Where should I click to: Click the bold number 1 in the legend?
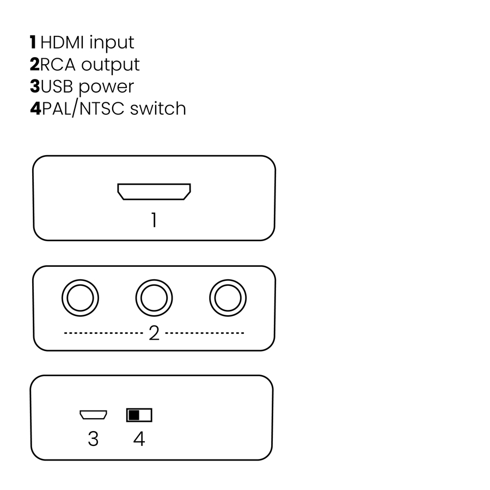[x=33, y=42]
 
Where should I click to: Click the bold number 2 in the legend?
[x=34, y=64]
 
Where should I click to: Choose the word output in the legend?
[x=110, y=65]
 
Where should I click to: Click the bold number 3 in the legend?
[x=34, y=86]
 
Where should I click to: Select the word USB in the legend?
[x=57, y=86]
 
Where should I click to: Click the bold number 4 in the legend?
[x=35, y=108]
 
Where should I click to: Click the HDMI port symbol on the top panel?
[x=154, y=192]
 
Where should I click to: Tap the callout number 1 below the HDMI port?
[x=154, y=220]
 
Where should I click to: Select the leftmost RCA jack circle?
[x=81, y=298]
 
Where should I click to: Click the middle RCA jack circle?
[x=154, y=298]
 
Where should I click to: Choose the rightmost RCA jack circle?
[x=228, y=298]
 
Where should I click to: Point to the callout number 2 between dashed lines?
[x=154, y=333]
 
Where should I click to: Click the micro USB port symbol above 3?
[x=93, y=415]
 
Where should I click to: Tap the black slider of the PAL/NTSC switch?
[x=134, y=415]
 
